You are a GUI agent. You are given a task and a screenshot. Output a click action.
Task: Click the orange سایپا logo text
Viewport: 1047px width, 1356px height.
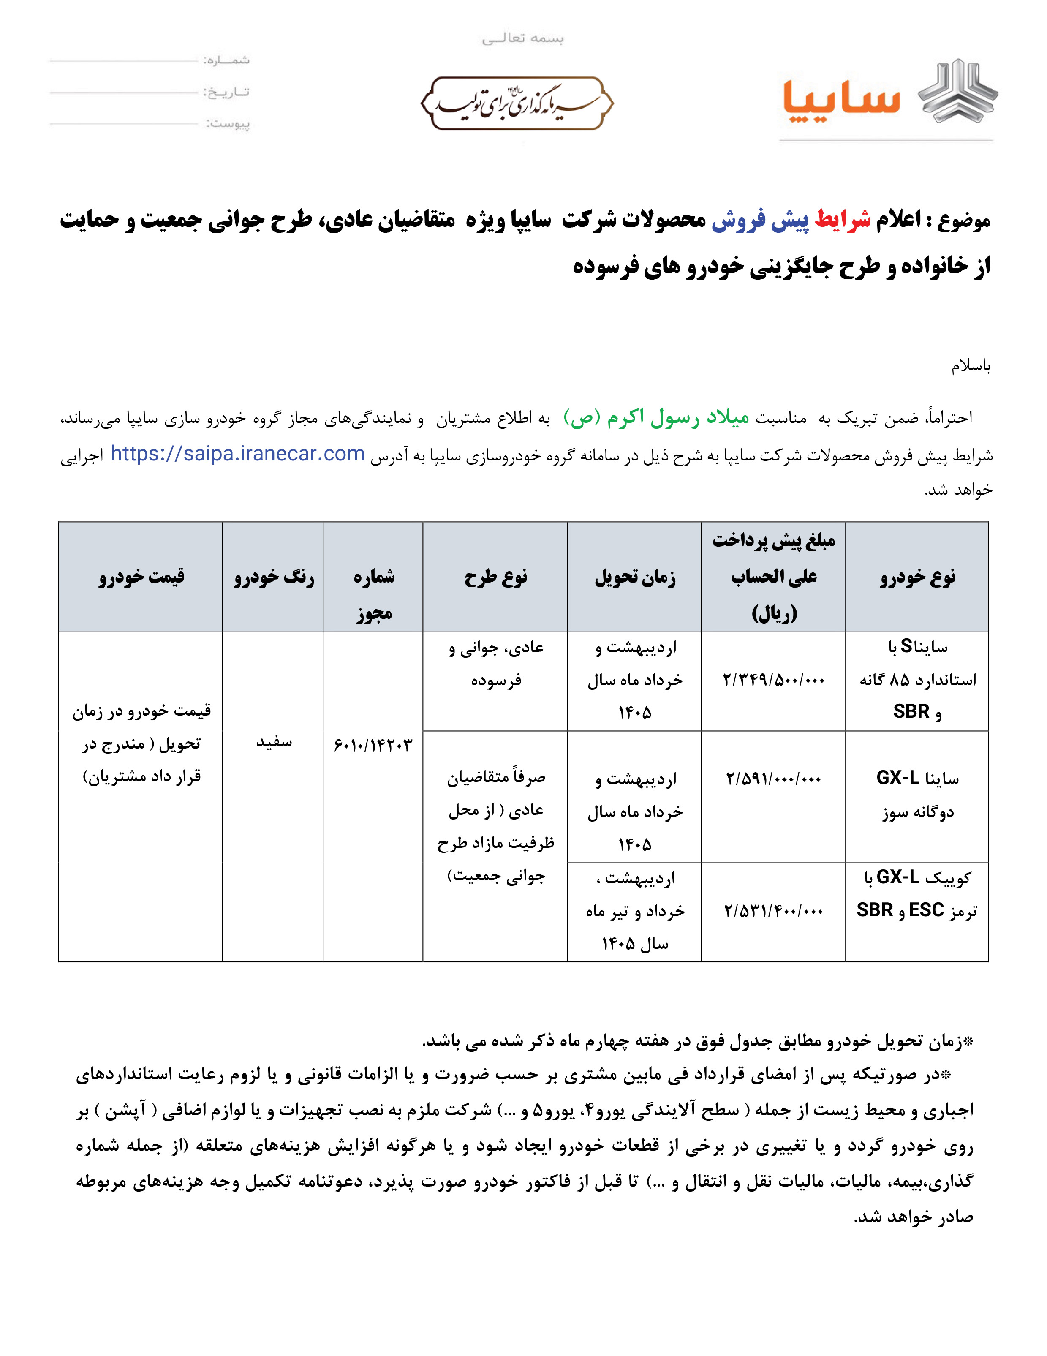pyautogui.click(x=840, y=101)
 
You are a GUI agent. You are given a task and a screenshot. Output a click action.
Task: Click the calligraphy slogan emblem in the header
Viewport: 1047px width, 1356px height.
pyautogui.click(x=517, y=103)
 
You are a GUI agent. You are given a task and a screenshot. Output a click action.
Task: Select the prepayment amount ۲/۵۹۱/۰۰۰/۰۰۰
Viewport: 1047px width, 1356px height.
pyautogui.click(x=773, y=779)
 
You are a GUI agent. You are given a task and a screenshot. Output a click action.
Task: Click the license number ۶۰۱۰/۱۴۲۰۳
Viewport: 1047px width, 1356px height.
pyautogui.click(x=373, y=744)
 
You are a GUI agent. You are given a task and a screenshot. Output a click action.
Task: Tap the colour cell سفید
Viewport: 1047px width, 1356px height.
pyautogui.click(x=273, y=742)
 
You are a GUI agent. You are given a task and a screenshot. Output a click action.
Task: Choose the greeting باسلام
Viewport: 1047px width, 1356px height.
pyautogui.click(x=971, y=366)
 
